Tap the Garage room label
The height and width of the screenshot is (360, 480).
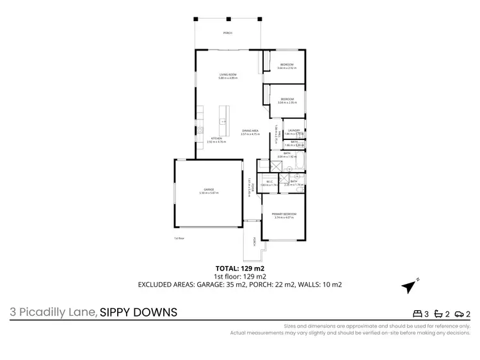[209, 189]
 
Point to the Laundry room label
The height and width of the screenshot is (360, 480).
[294, 130]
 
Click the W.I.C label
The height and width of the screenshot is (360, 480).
[270, 182]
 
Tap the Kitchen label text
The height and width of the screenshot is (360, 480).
[217, 138]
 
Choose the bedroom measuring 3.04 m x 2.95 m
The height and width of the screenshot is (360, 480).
[287, 100]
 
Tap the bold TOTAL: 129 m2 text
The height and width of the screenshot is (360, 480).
[240, 267]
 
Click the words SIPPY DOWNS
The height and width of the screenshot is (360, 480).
[138, 313]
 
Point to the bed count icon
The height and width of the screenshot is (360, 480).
[418, 313]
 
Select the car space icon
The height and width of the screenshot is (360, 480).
[460, 313]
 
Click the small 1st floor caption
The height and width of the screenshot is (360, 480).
[179, 238]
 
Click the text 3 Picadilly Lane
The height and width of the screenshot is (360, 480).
[52, 313]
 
